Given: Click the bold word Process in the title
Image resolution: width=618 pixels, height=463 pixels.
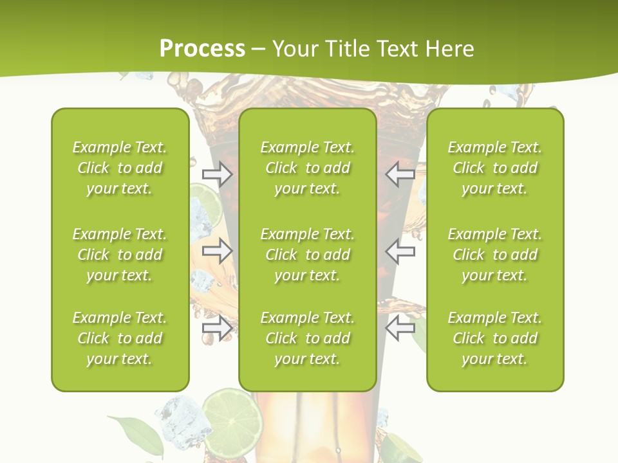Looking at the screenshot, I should pos(202,49).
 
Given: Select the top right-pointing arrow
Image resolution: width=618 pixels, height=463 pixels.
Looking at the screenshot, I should pos(218,174).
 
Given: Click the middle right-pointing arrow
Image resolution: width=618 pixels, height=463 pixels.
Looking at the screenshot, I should pos(218,251).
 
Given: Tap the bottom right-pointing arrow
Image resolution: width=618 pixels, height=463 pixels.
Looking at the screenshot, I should pos(218,329).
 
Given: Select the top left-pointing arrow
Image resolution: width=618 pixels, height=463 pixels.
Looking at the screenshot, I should pos(400,174).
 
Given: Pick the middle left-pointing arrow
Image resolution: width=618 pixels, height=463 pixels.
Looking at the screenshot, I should pos(400,251).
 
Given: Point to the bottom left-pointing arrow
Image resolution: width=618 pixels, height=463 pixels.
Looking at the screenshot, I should pos(400,329).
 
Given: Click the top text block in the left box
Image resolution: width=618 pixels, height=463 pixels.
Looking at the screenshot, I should pos(120,168).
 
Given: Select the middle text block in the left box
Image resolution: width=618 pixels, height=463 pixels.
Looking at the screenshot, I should pos(120,255).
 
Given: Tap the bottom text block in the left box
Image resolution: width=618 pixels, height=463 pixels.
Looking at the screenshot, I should pos(120,338).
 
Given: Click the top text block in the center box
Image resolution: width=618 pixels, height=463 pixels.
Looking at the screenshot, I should pos(307,168).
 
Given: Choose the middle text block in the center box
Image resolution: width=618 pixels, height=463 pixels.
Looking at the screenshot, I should pos(307,255).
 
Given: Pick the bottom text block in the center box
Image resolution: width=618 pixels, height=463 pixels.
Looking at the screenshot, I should pos(307,338).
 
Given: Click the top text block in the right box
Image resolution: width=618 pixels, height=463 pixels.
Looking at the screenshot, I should pos(494,168).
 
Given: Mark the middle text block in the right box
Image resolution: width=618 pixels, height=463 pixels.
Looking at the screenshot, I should pos(494,255).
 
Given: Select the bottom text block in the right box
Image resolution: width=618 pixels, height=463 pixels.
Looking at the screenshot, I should pos(494,338).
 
